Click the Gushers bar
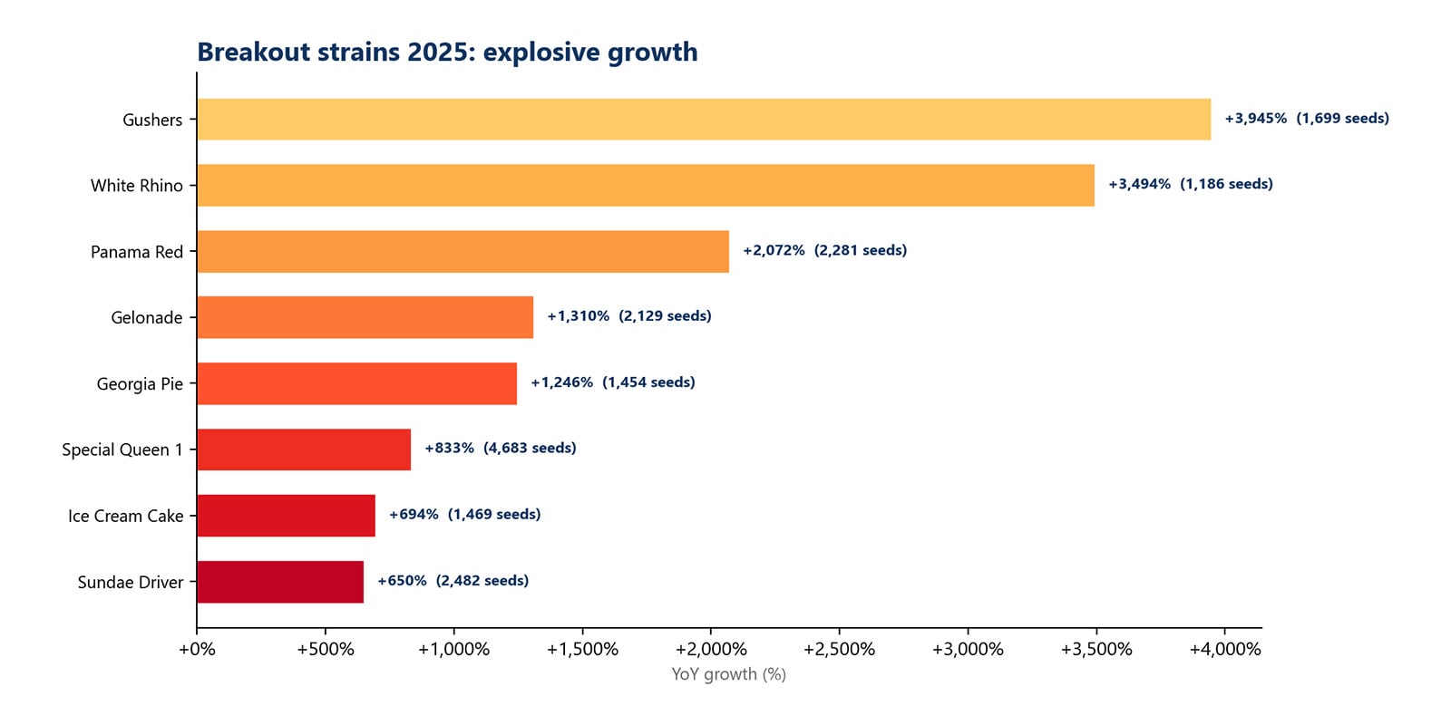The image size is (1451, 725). coord(704,119)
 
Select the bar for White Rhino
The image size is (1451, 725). coord(646,185)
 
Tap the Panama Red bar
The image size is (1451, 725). coord(463,251)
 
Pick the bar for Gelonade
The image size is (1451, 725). coord(365,317)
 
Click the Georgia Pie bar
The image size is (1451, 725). coord(356,383)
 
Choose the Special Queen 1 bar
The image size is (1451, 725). coord(304,449)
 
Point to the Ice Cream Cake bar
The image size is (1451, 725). coord(286,516)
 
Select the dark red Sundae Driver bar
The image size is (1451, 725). coord(280,582)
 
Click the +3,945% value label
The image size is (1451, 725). coord(1255,119)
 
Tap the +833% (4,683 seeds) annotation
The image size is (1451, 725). coord(500,448)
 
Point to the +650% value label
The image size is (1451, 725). coord(402,580)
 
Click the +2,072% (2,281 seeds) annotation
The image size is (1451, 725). coord(824,250)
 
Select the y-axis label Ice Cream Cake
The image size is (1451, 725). coord(125,516)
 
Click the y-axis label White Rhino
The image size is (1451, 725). coord(136,185)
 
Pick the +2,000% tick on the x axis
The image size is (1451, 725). coord(711,649)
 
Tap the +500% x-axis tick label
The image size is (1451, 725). coord(326,649)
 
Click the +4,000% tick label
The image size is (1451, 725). coord(1224,649)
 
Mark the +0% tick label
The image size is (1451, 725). coord(197,649)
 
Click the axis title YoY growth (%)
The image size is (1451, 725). coord(728,674)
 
